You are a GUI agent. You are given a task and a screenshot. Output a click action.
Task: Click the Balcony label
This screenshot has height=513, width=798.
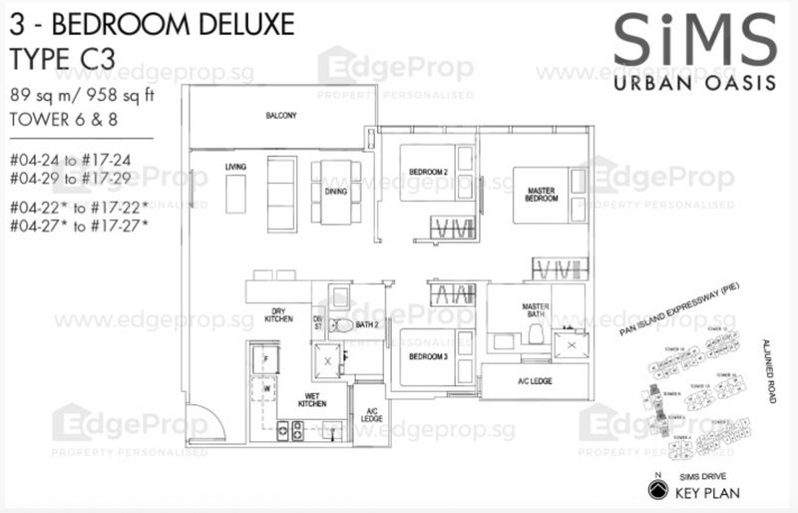(x=280, y=117)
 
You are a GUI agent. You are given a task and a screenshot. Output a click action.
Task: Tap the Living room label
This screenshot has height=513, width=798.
(x=235, y=166)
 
